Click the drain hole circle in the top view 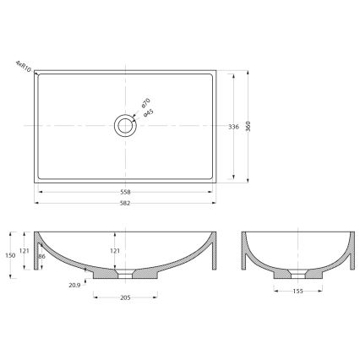pos(125,126)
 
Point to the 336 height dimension pos(233,127)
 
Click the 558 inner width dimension pos(125,192)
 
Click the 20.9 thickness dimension pos(74,286)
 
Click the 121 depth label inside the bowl pos(116,251)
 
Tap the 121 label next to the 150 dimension pos(25,251)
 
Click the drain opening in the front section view pos(125,275)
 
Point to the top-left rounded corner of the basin pos(38,74)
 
